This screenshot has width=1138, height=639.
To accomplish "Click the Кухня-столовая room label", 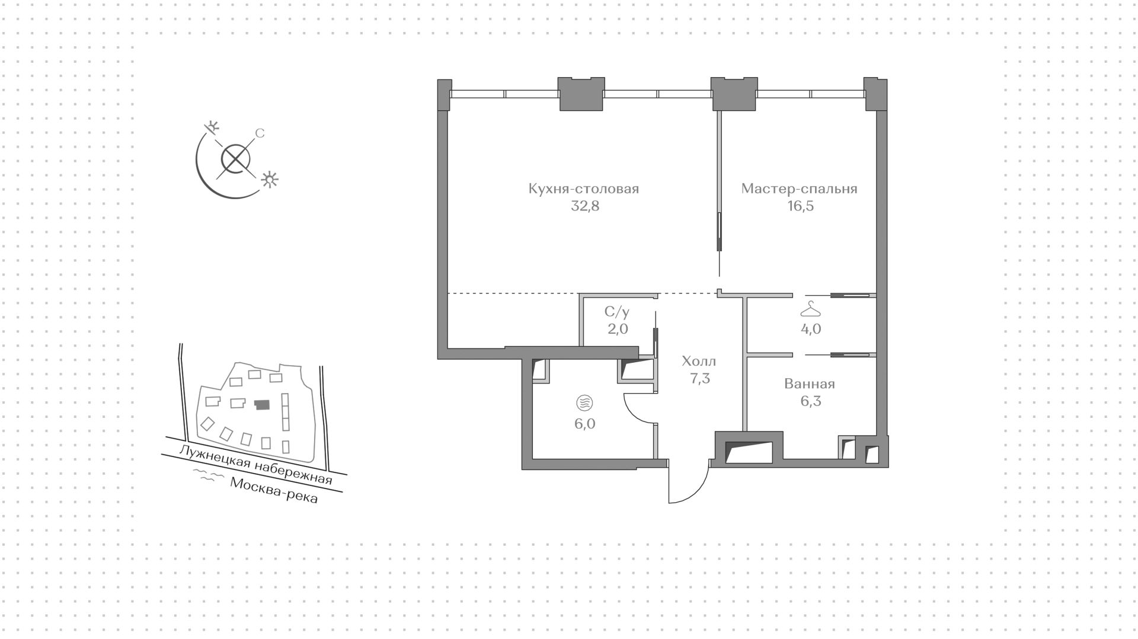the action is tap(584, 189).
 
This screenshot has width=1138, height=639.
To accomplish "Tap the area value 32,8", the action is tap(585, 206).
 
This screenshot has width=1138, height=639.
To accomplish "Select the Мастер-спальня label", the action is tap(800, 189).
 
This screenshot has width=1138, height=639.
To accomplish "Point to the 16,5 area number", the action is tap(800, 206).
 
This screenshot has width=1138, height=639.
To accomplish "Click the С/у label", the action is tap(617, 312).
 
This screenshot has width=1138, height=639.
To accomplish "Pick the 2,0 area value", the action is tap(618, 329).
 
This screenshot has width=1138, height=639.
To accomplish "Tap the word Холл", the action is tap(699, 361).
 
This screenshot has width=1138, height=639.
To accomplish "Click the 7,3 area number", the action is tap(700, 378).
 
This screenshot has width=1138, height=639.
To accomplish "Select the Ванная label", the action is tap(810, 384).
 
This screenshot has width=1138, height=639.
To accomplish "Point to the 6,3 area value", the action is tap(811, 401).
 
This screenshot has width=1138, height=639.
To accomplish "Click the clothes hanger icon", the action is tap(810, 309).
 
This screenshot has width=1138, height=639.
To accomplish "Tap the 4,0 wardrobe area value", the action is tap(811, 329).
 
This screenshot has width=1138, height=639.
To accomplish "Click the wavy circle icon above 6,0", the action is tap(584, 404).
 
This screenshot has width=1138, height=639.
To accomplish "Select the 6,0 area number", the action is tap(585, 424).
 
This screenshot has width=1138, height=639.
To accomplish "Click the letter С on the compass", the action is tap(260, 133).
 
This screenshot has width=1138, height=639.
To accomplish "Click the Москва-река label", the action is tap(274, 491).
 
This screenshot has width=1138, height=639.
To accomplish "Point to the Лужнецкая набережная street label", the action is tap(255, 465).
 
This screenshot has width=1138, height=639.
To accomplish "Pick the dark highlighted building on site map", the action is tap(261, 405).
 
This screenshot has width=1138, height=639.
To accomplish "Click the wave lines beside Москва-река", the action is tap(205, 475).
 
